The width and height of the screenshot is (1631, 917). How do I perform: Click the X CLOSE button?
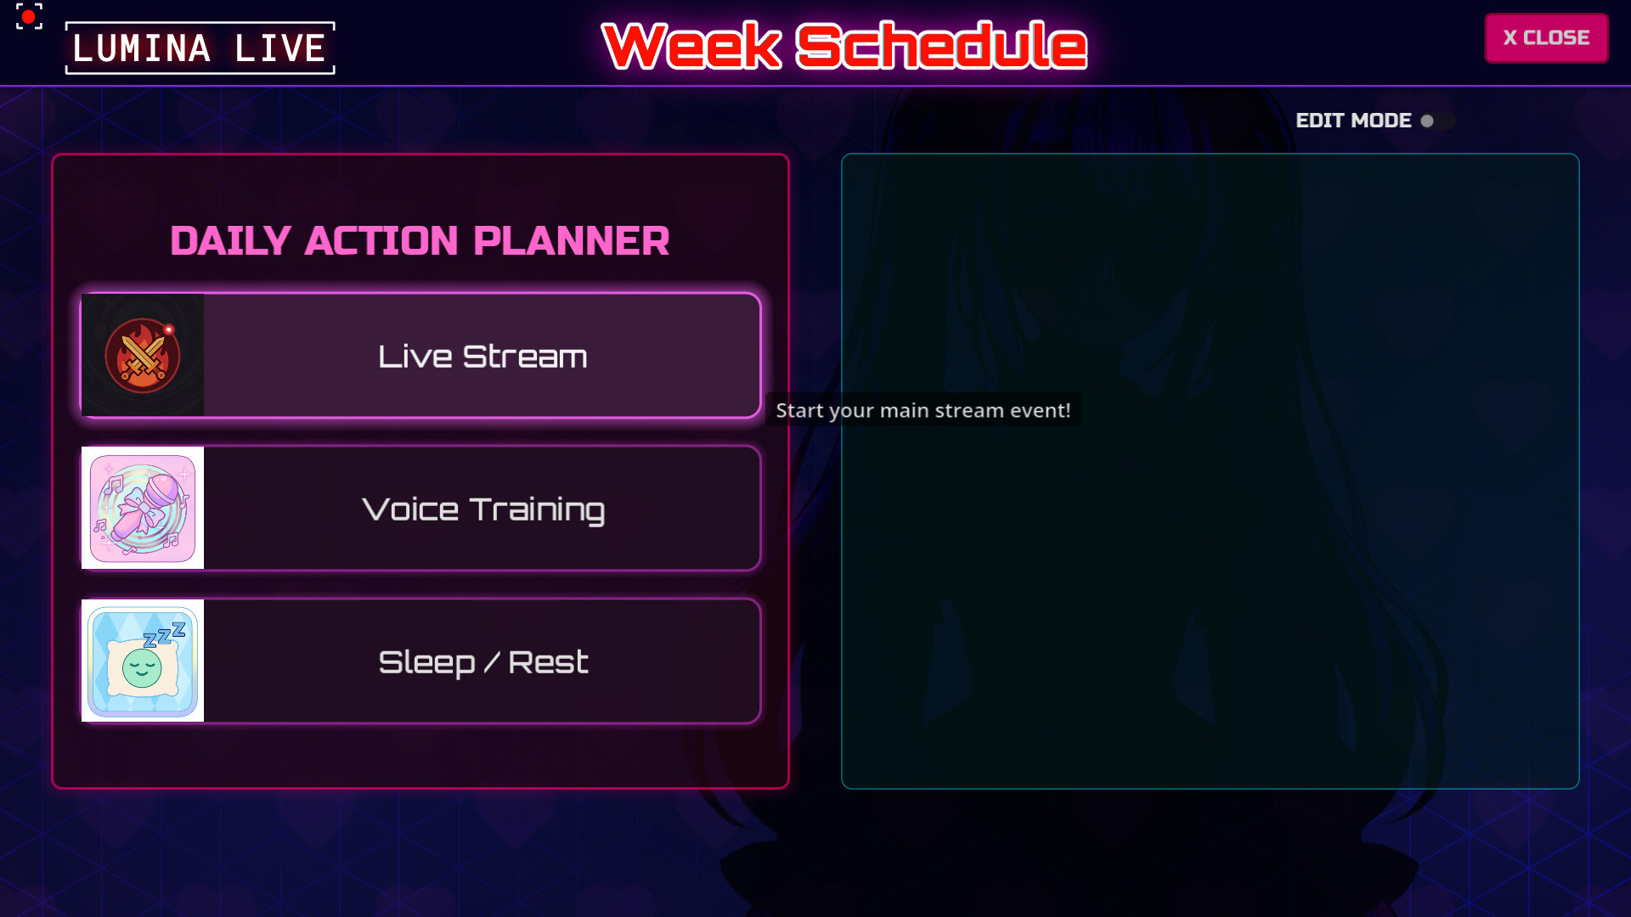(1546, 38)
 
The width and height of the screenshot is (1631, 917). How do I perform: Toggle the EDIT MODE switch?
(1438, 121)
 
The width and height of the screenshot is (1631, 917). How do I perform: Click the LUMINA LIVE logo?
(200, 48)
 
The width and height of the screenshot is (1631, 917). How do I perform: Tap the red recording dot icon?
(29, 16)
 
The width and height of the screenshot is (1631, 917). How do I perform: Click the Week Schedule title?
(844, 46)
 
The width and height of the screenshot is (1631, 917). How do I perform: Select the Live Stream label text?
(483, 357)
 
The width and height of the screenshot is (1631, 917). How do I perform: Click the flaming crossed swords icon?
(143, 356)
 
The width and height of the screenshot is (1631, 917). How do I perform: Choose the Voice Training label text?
(483, 509)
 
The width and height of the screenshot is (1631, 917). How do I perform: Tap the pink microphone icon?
(143, 508)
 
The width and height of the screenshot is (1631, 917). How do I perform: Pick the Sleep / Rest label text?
(483, 662)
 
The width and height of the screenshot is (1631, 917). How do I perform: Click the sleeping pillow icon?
(143, 661)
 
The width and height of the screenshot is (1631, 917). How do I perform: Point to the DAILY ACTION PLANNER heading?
(420, 241)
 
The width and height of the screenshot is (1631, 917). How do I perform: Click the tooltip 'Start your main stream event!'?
(923, 411)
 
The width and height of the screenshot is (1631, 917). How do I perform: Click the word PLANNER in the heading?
(571, 241)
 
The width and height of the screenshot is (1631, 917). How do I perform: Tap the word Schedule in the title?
(941, 46)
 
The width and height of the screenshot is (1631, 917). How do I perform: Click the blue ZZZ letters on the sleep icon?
(165, 634)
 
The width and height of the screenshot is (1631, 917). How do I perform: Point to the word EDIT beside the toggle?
(1319, 121)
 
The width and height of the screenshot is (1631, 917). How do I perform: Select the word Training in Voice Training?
(537, 510)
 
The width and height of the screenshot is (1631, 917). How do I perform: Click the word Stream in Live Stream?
(525, 357)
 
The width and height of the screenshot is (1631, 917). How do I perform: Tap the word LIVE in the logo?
(279, 48)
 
